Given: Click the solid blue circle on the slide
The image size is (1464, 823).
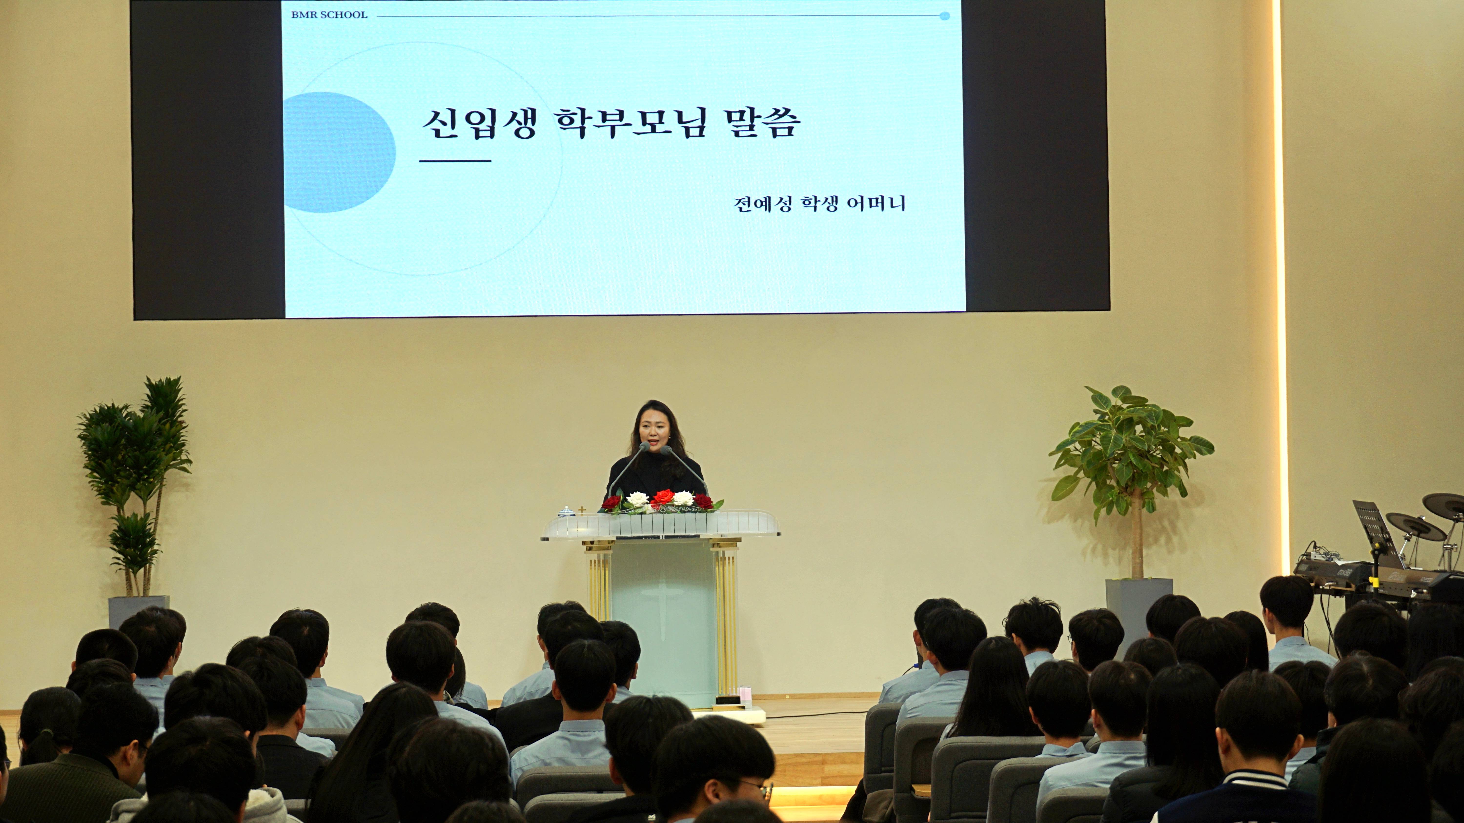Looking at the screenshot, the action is point(339,152).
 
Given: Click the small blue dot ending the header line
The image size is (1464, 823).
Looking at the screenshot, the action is point(945,16).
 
